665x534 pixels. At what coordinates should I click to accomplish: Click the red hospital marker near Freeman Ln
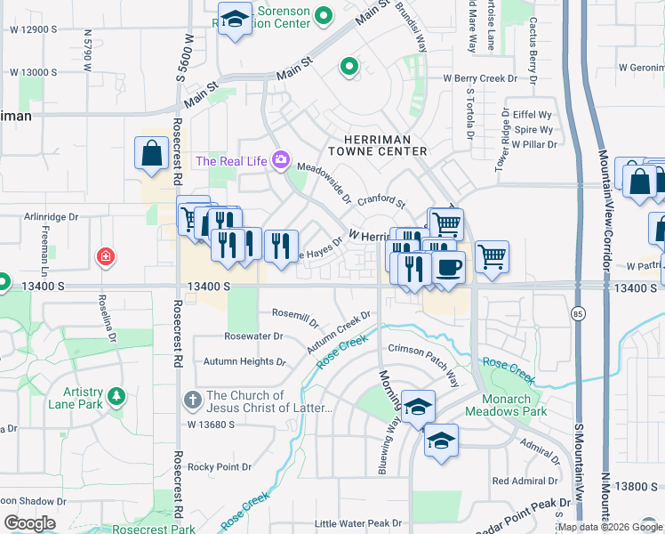(x=106, y=257)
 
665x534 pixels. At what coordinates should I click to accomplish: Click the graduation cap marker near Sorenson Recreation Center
(x=235, y=20)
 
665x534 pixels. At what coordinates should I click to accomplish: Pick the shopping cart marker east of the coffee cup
(x=492, y=256)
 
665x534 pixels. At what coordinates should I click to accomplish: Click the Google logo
(x=29, y=523)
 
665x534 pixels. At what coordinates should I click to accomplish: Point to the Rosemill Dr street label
(x=294, y=314)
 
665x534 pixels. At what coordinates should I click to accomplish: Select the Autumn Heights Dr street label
(x=244, y=362)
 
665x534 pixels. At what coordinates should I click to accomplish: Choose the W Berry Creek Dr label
(x=480, y=78)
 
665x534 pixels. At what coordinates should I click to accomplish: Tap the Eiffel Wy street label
(x=533, y=115)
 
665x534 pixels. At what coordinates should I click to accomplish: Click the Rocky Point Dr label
(x=223, y=466)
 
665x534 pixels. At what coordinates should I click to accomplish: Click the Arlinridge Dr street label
(x=52, y=216)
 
